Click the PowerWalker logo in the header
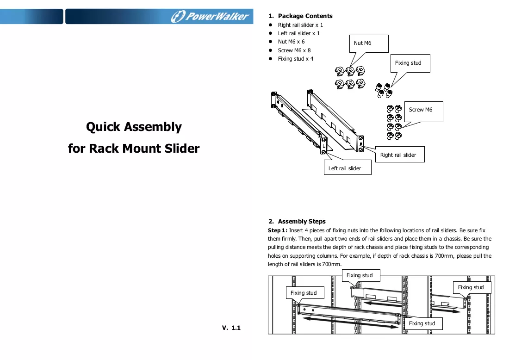[x=210, y=16]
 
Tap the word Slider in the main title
[x=182, y=149]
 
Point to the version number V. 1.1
[x=231, y=328]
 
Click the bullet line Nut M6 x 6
[x=291, y=42]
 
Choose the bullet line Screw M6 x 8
[x=294, y=50]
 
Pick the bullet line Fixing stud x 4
[x=295, y=59]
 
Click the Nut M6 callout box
[x=369, y=43]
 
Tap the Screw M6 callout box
[x=423, y=112]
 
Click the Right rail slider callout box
[x=400, y=155]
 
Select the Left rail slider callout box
[x=348, y=168]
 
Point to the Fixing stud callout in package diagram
[x=410, y=63]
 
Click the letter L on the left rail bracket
[x=323, y=146]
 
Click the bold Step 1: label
[x=278, y=230]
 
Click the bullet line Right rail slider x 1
[x=300, y=25]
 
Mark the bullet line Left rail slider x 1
[x=298, y=33]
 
